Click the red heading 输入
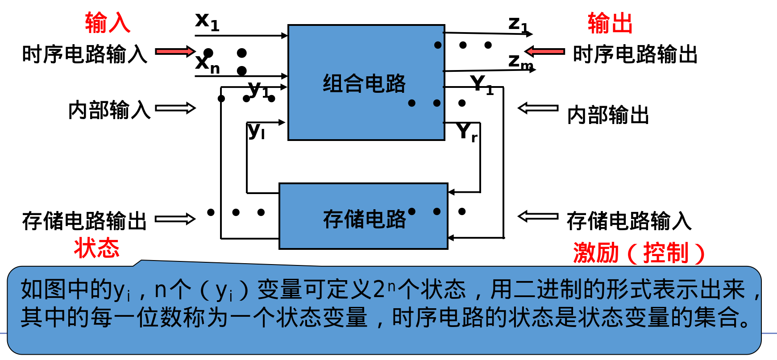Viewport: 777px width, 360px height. point(108,23)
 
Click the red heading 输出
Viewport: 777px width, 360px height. point(610,24)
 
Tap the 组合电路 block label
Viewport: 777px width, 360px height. point(364,83)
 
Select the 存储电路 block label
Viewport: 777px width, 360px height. point(364,219)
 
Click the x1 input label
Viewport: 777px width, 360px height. point(207,21)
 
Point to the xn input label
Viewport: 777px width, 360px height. point(208,64)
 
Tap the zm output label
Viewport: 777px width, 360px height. point(520,62)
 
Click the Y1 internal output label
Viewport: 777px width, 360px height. point(481,84)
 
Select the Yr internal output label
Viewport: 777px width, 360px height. point(467,132)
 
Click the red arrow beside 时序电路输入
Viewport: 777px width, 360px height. point(175,51)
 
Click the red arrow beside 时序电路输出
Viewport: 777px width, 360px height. point(544,51)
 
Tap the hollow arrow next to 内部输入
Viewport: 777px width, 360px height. point(175,108)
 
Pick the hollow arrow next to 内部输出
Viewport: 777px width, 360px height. point(538,108)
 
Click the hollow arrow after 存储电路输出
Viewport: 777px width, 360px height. point(175,219)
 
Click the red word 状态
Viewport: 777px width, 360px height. point(97,248)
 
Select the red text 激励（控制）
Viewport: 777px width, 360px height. point(639,253)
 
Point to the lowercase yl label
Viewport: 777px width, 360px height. point(256,131)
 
